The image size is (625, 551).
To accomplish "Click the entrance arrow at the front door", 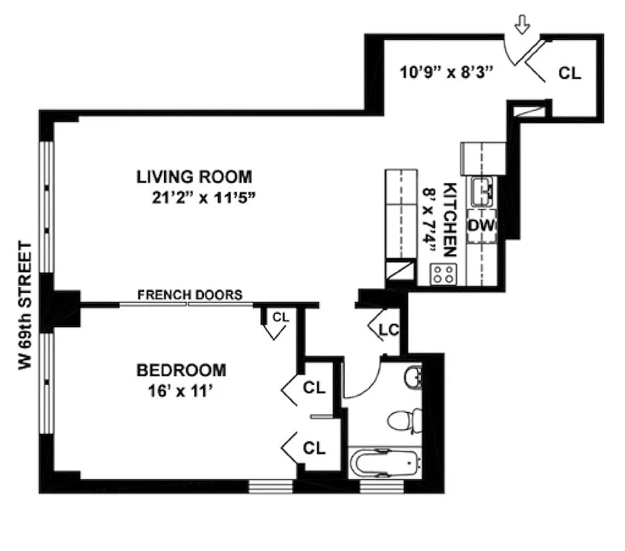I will [x=522, y=26].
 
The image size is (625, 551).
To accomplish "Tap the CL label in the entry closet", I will [x=570, y=73].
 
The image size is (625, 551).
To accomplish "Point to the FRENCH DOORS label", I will [x=189, y=295].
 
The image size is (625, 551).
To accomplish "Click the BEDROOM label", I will [x=181, y=371].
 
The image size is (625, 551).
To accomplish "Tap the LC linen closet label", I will [x=389, y=330].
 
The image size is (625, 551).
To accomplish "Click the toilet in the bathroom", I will [x=401, y=420].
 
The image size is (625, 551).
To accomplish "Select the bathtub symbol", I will [x=384, y=463].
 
